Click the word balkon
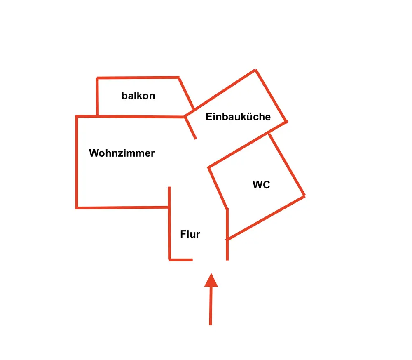[x=138, y=96]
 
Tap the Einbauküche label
[x=238, y=117]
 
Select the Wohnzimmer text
[x=122, y=153]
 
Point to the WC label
[x=261, y=185]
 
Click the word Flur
[x=190, y=234]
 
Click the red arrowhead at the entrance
[x=211, y=280]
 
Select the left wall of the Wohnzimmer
[x=77, y=162]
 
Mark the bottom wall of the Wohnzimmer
[x=123, y=207]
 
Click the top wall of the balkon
[x=138, y=78]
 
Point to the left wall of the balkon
[x=97, y=96]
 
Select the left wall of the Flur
[x=169, y=223]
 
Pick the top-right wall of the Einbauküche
[x=271, y=96]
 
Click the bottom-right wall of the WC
[x=266, y=217]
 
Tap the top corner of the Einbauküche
[x=255, y=71]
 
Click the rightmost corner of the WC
[x=304, y=196]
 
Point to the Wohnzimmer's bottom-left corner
[x=77, y=208]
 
